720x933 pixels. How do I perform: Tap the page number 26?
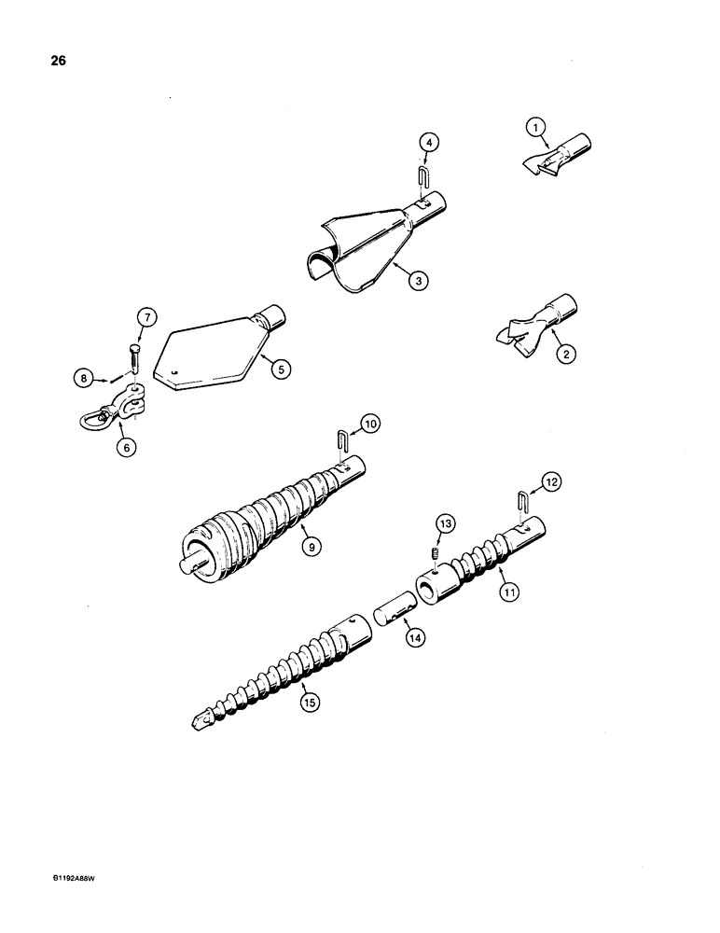coord(44,63)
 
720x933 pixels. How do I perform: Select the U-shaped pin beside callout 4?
coord(421,175)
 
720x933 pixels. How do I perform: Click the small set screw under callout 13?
coord(434,557)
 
